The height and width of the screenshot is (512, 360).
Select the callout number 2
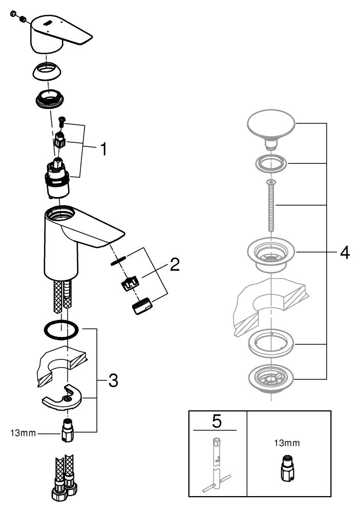(x=175, y=265)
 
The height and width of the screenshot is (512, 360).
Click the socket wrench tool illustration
(x=217, y=461)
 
